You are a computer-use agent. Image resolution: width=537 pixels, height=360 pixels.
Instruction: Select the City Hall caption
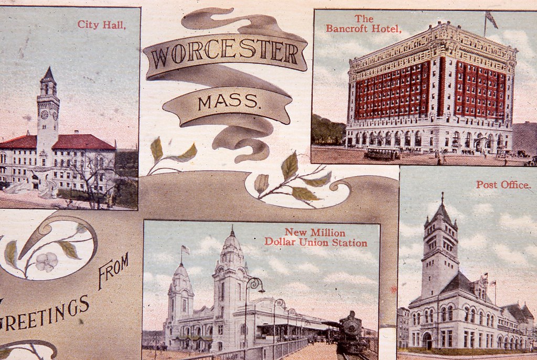102,24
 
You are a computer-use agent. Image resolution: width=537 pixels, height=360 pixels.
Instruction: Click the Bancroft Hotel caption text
363,24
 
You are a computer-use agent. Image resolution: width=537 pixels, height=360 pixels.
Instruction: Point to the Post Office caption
503,185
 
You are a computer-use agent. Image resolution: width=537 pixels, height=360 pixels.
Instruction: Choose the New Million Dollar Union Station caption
315,237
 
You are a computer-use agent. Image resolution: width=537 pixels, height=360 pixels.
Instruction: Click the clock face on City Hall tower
45,114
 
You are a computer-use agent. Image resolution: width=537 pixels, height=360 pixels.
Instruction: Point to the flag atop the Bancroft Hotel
491,20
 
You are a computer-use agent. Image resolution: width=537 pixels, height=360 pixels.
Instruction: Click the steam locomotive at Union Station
350,333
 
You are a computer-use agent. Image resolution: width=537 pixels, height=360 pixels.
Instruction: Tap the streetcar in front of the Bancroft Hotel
382,153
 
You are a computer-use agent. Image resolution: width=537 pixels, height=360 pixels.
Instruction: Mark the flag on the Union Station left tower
185,250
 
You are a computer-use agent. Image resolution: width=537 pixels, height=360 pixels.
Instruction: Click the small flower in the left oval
47,261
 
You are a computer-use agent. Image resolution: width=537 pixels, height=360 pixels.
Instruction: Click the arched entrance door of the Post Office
427,341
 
